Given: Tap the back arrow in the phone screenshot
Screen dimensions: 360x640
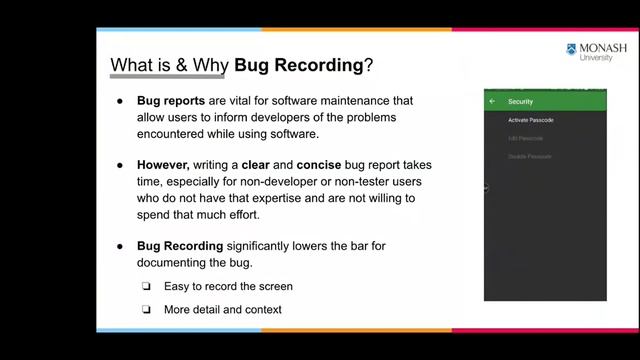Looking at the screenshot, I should (x=492, y=102).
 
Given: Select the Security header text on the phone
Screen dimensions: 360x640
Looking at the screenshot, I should (x=520, y=102).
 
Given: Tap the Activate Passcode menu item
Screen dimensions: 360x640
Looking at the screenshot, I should (x=531, y=120).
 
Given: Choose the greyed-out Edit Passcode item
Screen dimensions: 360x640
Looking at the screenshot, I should (x=525, y=138).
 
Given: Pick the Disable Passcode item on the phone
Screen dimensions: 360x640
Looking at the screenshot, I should (x=529, y=156).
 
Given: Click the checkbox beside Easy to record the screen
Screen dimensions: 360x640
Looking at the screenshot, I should (x=145, y=287).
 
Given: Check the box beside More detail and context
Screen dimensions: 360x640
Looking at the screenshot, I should (x=145, y=310).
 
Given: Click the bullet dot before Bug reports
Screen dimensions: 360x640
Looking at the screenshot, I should (x=120, y=101).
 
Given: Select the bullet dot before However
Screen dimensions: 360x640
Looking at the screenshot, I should (x=120, y=163).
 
